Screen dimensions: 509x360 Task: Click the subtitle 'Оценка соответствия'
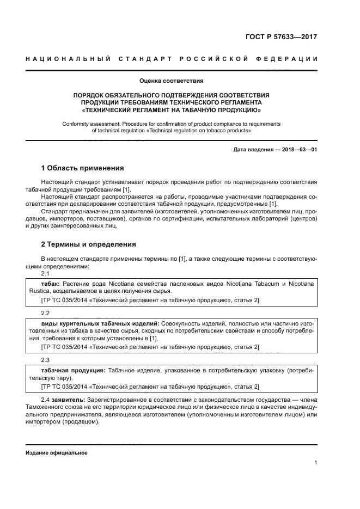click(171, 81)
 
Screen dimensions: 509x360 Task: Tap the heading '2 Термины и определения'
click(88, 244)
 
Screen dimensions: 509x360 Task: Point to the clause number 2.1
click(45, 273)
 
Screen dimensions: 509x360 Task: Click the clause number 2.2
click(45, 314)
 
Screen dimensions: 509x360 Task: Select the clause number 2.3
click(45, 360)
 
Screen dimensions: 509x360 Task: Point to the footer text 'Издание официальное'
click(57, 453)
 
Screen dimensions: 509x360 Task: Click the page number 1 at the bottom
click(315, 463)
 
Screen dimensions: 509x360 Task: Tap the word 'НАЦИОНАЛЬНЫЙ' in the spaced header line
click(63, 59)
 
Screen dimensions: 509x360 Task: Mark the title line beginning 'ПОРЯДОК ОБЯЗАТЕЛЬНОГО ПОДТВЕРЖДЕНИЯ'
click(171, 95)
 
